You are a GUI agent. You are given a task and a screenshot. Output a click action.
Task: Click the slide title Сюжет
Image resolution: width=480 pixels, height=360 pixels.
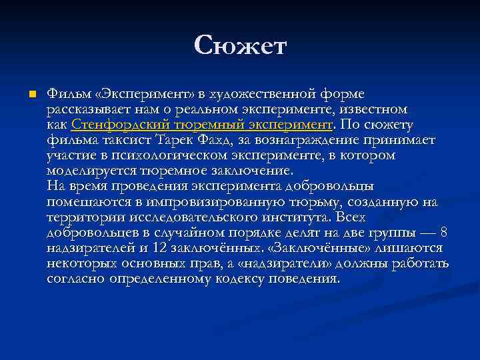pos(240,45)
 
